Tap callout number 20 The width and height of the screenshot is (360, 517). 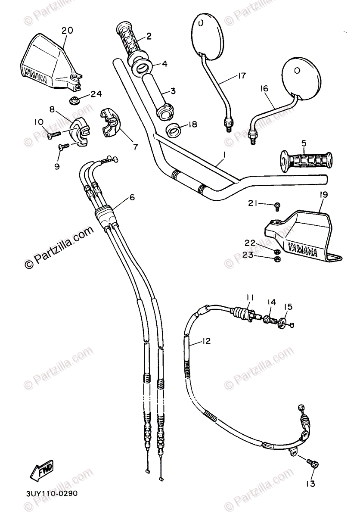(x=67, y=30)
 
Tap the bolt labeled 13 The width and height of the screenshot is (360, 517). (x=313, y=463)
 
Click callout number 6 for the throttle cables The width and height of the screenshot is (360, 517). (x=132, y=197)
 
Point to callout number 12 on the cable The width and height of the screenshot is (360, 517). (x=218, y=342)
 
